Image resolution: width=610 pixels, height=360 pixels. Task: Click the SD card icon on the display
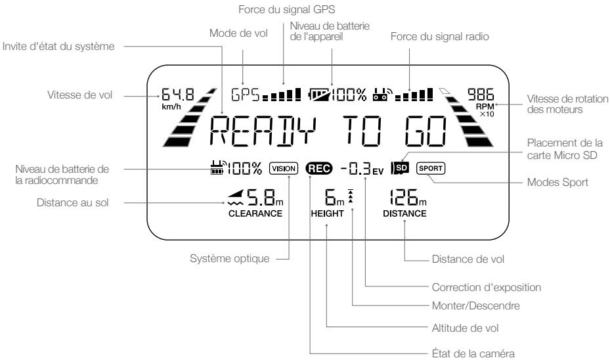click(x=399, y=168)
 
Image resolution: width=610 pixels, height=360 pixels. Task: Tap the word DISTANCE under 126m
click(x=405, y=214)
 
